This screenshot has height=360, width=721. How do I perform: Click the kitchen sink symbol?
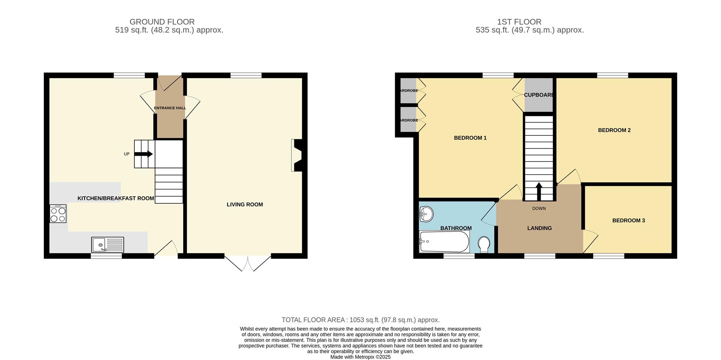107,245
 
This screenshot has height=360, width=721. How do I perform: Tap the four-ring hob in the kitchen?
58,214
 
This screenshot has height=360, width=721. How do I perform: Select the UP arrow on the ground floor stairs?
144,154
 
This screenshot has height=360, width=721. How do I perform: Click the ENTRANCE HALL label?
170,108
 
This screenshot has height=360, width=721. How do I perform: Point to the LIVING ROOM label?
244,205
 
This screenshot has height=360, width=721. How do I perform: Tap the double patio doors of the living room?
248,263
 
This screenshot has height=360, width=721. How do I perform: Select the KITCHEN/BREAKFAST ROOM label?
116,198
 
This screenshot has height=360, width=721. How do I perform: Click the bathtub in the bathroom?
444,242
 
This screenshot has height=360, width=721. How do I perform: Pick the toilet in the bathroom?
484,244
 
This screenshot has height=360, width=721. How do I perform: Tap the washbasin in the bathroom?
426,215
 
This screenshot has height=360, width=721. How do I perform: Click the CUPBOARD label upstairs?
538,95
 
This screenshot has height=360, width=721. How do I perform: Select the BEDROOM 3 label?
628,220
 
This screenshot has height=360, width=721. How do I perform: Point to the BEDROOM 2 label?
614,130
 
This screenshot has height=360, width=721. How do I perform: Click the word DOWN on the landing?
539,208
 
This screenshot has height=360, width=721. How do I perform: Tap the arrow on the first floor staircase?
539,191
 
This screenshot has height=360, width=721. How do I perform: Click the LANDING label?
539,228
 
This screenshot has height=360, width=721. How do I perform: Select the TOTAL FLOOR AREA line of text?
360,320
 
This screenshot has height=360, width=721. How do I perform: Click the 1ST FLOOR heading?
529,22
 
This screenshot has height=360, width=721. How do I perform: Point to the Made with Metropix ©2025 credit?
360,357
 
